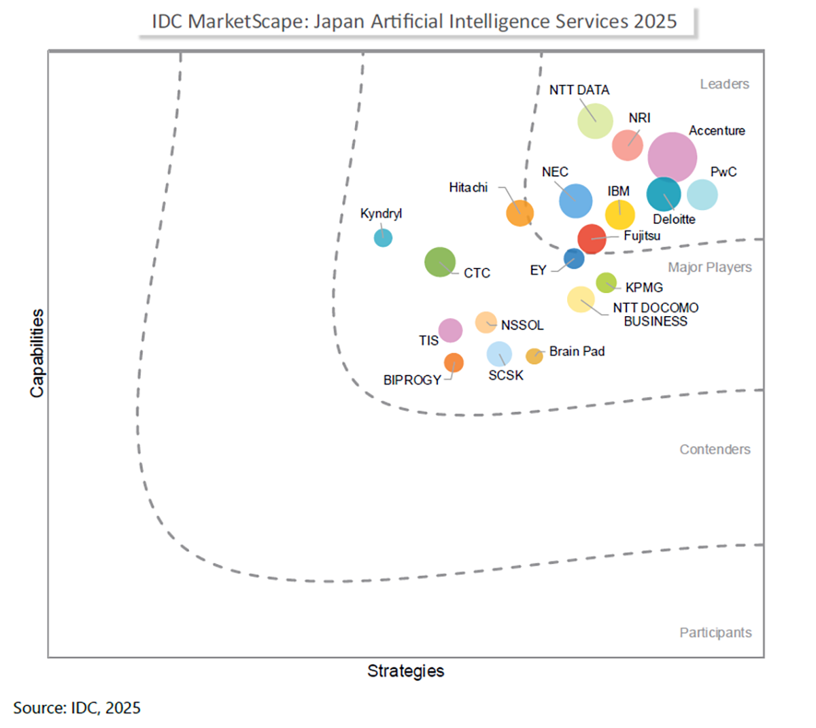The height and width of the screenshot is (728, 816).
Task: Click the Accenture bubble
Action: [x=672, y=157]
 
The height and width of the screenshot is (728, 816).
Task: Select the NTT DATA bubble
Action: [x=595, y=121]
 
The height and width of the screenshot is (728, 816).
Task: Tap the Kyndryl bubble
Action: [x=384, y=238]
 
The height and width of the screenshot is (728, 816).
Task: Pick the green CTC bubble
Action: [x=440, y=262]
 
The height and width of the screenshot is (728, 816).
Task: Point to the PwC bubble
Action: [x=702, y=195]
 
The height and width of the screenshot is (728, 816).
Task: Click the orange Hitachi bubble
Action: [x=520, y=213]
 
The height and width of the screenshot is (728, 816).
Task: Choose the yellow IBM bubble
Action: [x=620, y=215]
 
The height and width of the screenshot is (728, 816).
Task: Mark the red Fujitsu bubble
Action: [x=592, y=239]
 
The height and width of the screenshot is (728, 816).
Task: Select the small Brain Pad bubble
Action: [x=534, y=356]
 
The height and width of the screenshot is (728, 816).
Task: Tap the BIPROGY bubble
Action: [x=454, y=362]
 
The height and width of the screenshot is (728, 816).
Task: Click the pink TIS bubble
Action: [x=450, y=330]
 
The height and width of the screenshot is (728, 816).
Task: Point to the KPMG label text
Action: [x=644, y=288]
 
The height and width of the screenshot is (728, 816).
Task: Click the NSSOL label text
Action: [x=522, y=326]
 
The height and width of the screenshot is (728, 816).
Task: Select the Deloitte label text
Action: [x=674, y=220]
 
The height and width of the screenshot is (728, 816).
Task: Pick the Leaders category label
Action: [x=724, y=84]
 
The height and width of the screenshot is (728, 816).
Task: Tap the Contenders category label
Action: [x=715, y=449]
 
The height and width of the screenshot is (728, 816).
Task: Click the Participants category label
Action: [x=715, y=633]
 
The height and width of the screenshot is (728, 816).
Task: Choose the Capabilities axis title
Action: [x=37, y=353]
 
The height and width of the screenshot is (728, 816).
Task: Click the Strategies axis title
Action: [x=406, y=671]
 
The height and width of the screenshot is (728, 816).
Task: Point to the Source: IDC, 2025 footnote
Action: [x=77, y=708]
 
